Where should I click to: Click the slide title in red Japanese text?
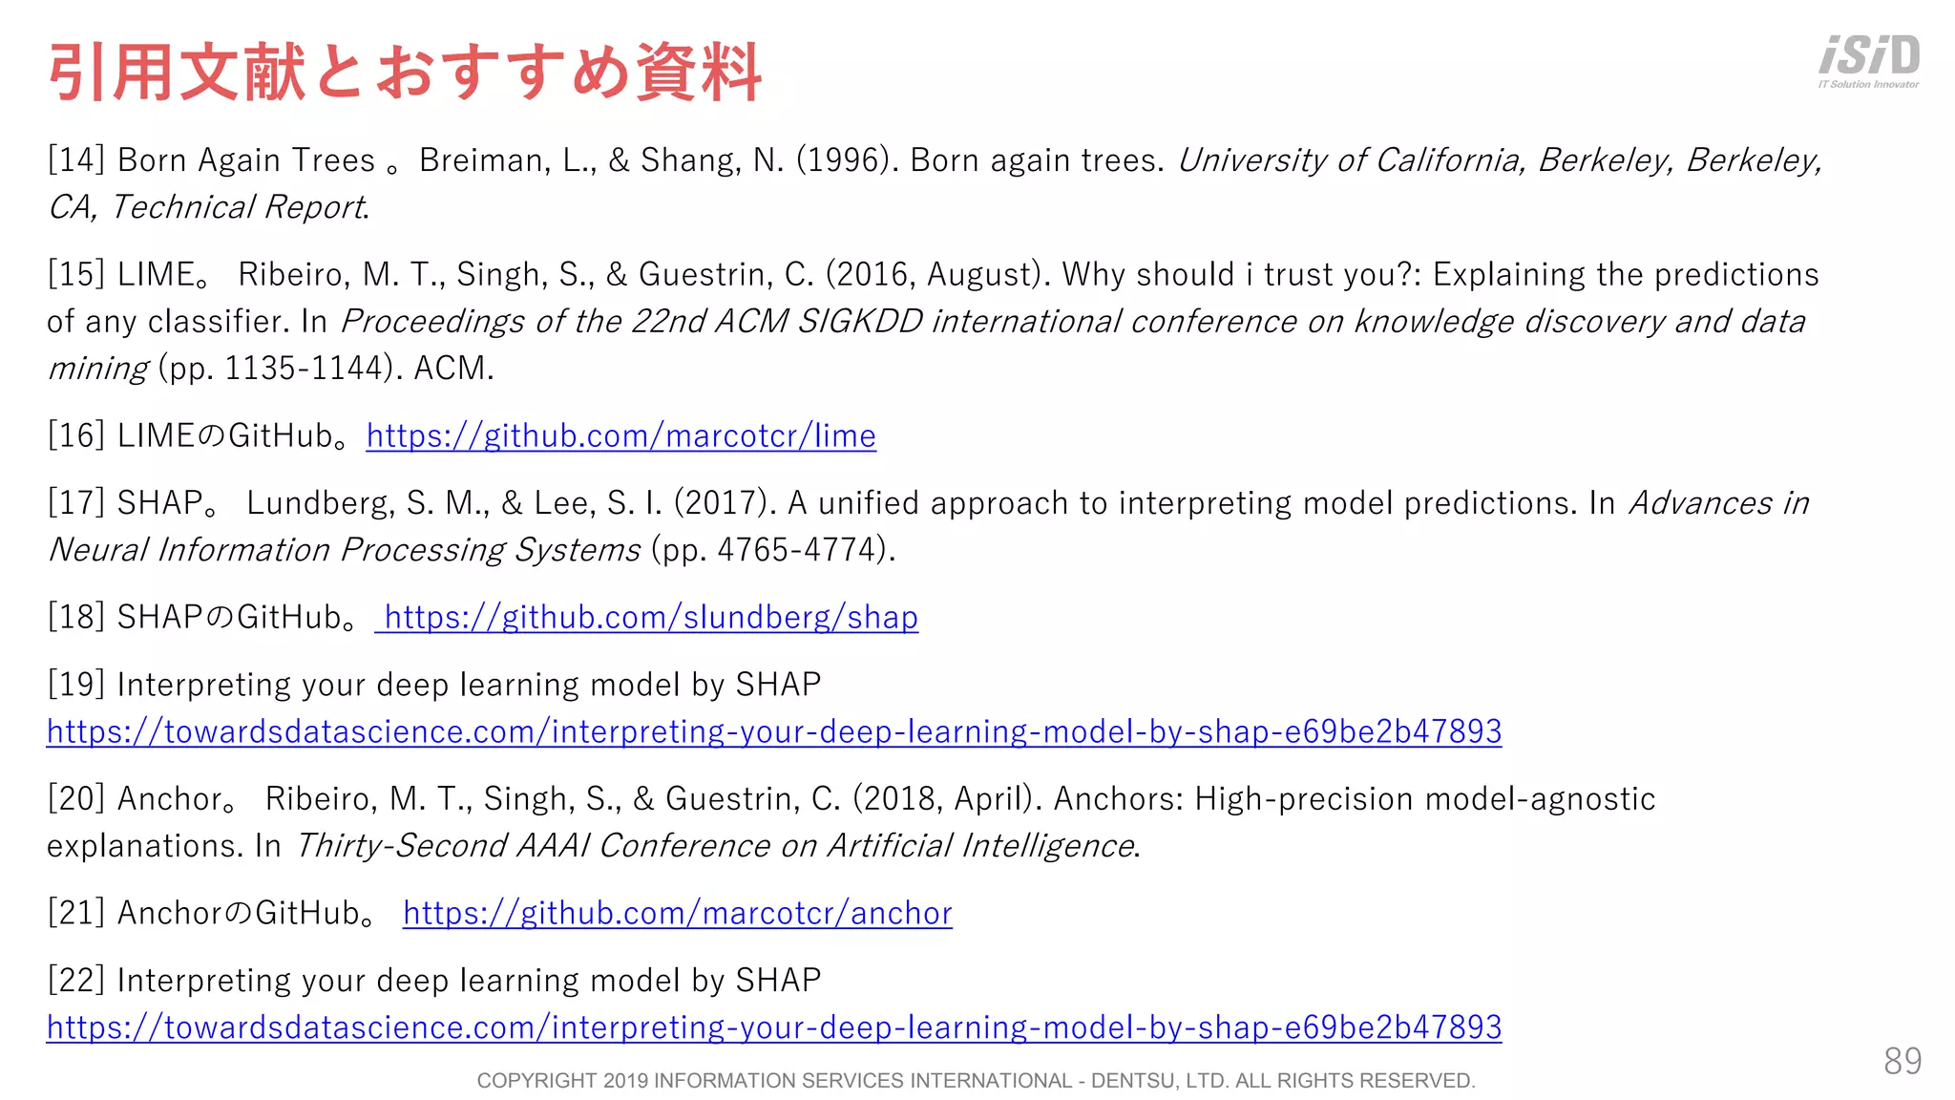coord(405,73)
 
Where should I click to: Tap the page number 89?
coord(1902,1061)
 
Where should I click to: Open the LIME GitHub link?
coord(620,436)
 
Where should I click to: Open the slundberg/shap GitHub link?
coord(650,618)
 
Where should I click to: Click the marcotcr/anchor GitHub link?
coord(677,914)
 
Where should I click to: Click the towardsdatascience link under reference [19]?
coord(774,732)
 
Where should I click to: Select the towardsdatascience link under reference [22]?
coord(774,1028)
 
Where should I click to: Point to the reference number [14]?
coord(76,160)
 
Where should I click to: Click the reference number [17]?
coord(76,503)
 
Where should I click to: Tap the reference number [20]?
coord(76,799)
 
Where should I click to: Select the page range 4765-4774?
coord(801,550)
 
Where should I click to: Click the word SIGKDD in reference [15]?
coord(860,322)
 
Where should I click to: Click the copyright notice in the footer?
coord(976,1081)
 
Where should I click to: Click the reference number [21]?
coord(76,914)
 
